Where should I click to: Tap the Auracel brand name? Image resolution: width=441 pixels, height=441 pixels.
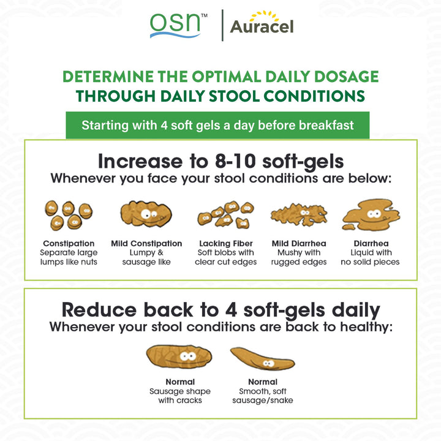(x=262, y=27)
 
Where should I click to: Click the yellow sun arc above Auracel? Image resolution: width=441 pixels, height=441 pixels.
(x=264, y=16)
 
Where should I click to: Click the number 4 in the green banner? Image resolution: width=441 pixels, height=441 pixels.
(x=164, y=126)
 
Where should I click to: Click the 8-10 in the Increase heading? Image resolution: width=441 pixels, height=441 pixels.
(x=235, y=161)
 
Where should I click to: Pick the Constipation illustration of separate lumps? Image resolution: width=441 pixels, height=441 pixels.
(x=69, y=215)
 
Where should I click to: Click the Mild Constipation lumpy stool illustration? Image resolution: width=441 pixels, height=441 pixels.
(x=146, y=214)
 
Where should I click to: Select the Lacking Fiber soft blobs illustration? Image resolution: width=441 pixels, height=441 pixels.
(x=225, y=215)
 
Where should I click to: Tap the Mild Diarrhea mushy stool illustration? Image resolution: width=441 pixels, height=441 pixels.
(x=299, y=214)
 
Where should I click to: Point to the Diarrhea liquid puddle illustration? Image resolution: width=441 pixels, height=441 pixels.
(x=371, y=215)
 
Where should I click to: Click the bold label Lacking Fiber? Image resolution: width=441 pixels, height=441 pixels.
(x=226, y=243)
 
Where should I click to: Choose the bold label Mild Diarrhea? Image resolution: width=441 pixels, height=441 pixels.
(x=299, y=243)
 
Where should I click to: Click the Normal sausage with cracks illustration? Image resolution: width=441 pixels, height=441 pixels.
(x=179, y=356)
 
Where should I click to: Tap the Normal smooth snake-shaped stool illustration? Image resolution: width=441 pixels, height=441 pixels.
(x=262, y=358)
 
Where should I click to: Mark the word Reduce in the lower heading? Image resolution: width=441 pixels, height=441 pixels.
(x=99, y=310)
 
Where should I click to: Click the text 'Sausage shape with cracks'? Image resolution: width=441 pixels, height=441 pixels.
(x=180, y=396)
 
